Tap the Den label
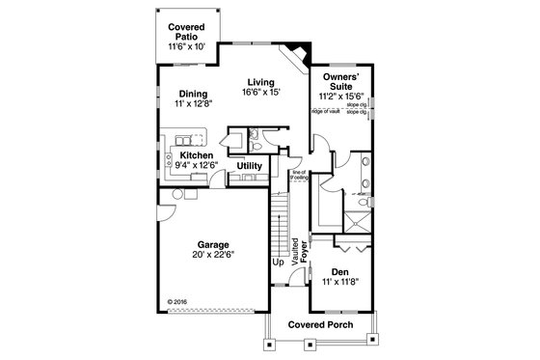coord(338,271)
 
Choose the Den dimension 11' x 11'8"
coord(338,283)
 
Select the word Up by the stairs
coord(278,262)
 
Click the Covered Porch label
coord(321,325)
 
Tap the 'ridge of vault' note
coord(325,112)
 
